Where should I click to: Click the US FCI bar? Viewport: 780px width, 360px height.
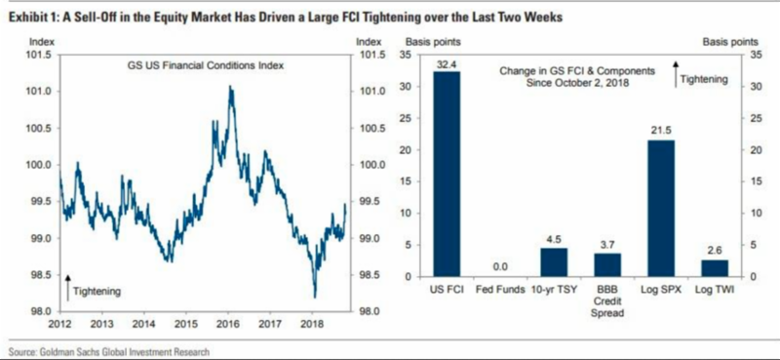[x=447, y=175]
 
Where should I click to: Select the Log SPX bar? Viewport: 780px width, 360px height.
[x=661, y=209]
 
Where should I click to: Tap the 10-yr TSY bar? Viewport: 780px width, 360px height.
[x=554, y=262]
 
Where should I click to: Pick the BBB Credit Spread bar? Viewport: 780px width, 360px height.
[x=607, y=265]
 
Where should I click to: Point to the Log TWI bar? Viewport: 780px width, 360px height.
[x=715, y=268]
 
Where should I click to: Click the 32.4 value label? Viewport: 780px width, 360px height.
[x=447, y=63]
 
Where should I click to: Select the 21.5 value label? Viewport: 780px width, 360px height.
[x=661, y=131]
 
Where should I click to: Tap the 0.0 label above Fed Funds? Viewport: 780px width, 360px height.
[x=500, y=267]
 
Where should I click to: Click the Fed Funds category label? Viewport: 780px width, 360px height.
[x=500, y=290]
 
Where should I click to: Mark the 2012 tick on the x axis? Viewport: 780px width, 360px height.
[x=59, y=325]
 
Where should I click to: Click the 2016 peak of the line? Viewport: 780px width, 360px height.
[x=230, y=86]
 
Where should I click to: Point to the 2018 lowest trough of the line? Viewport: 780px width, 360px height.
[x=315, y=298]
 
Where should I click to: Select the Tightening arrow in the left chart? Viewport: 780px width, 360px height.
[x=67, y=287]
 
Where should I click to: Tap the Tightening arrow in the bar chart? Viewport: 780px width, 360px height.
[x=675, y=74]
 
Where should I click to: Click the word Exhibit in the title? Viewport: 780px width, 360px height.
[x=21, y=19]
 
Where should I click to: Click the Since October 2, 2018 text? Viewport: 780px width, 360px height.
[x=577, y=84]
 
